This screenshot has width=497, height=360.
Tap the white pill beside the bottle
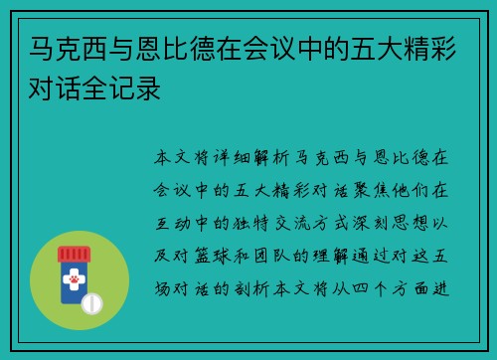[93, 302]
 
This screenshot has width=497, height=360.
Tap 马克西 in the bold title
[60, 47]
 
